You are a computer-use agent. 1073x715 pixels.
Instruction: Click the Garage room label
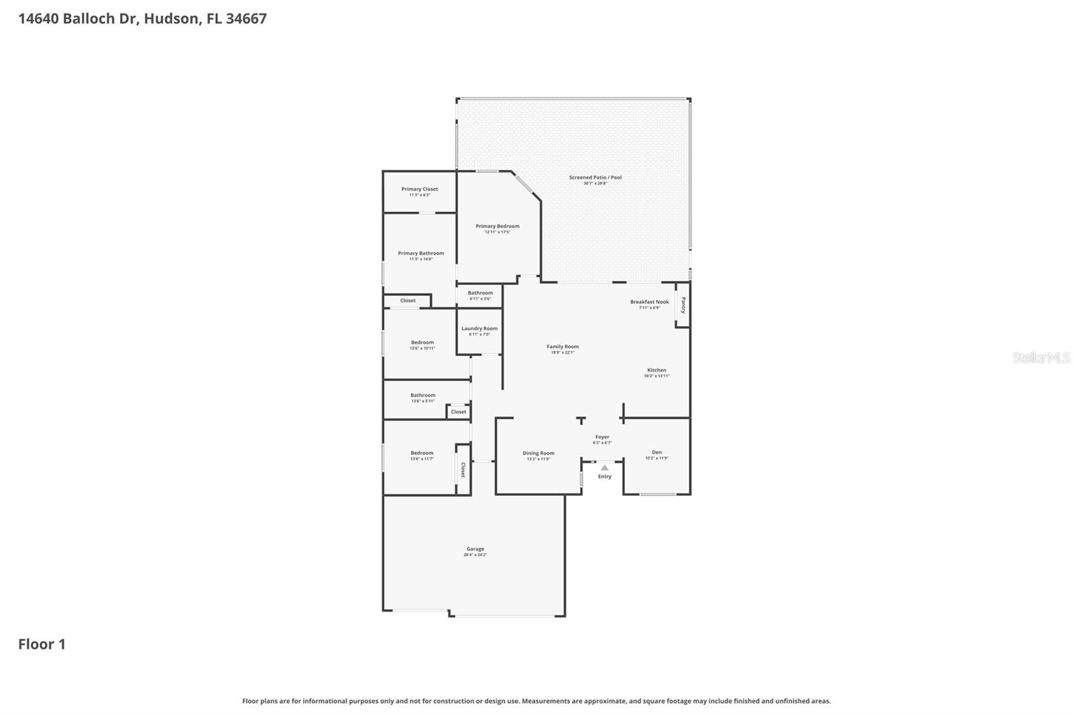[475, 549]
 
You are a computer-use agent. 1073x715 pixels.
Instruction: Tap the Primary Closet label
[420, 189]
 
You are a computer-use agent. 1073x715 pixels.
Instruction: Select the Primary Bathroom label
[420, 254]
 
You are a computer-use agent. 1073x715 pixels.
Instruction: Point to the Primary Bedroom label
[498, 226]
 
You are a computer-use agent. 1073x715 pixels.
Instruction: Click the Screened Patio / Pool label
[595, 178]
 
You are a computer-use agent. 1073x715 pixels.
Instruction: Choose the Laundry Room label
[479, 329]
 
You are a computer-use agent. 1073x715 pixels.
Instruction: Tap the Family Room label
[562, 347]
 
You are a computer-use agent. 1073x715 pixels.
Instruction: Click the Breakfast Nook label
[649, 302]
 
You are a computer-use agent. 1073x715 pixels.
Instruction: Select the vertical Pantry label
[683, 305]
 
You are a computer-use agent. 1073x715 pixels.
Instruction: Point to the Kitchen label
[657, 370]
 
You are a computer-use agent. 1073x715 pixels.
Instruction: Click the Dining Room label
[539, 453]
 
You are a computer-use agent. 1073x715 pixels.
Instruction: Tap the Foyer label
[602, 437]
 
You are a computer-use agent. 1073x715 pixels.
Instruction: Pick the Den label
[657, 453]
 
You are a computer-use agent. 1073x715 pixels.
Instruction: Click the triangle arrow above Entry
[604, 467]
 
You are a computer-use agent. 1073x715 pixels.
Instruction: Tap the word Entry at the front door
[605, 477]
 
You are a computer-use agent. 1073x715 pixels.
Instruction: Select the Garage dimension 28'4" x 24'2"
[475, 555]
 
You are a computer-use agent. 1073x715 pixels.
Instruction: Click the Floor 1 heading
[42, 645]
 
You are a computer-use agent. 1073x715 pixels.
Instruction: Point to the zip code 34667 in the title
[246, 19]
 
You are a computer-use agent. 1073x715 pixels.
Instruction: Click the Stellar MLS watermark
[1041, 357]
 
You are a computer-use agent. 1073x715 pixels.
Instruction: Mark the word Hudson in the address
[172, 19]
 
